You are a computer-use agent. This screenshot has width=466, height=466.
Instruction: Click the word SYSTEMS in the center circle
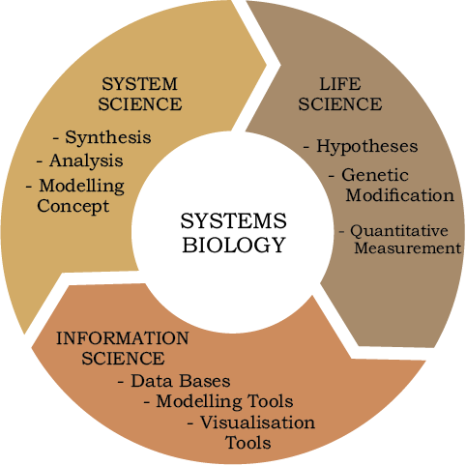(233, 221)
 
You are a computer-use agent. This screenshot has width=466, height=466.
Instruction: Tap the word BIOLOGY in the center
(234, 245)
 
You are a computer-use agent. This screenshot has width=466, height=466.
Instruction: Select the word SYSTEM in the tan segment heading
(139, 84)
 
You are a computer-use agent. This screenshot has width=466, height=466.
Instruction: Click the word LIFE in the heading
(340, 84)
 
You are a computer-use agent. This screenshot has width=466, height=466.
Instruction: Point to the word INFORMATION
(123, 338)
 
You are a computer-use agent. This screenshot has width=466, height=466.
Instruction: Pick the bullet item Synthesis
(108, 137)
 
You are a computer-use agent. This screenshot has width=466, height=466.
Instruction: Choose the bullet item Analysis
(86, 160)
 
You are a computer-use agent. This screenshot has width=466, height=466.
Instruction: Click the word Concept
(73, 207)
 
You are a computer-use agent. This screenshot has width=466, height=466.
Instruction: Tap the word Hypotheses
(367, 146)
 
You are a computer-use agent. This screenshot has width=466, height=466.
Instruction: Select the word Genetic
(375, 175)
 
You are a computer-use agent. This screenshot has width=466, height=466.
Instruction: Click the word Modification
(400, 195)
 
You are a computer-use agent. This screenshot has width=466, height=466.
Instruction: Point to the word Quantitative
(399, 231)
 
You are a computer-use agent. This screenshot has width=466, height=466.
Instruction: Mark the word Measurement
(408, 248)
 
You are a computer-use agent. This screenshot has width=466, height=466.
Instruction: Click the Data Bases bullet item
(181, 381)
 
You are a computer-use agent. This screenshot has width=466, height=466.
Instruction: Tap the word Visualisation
(258, 422)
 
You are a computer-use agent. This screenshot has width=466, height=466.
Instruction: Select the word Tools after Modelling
(270, 401)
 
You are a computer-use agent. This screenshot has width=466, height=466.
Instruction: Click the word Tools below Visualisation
(248, 442)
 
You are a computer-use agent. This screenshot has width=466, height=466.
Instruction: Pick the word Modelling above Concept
(82, 186)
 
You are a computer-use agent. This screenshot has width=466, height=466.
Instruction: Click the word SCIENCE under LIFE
(340, 104)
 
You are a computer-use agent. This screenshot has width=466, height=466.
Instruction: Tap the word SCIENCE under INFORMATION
(123, 359)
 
